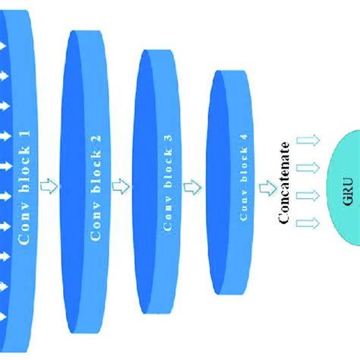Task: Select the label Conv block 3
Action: pyautogui.click(x=167, y=187)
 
